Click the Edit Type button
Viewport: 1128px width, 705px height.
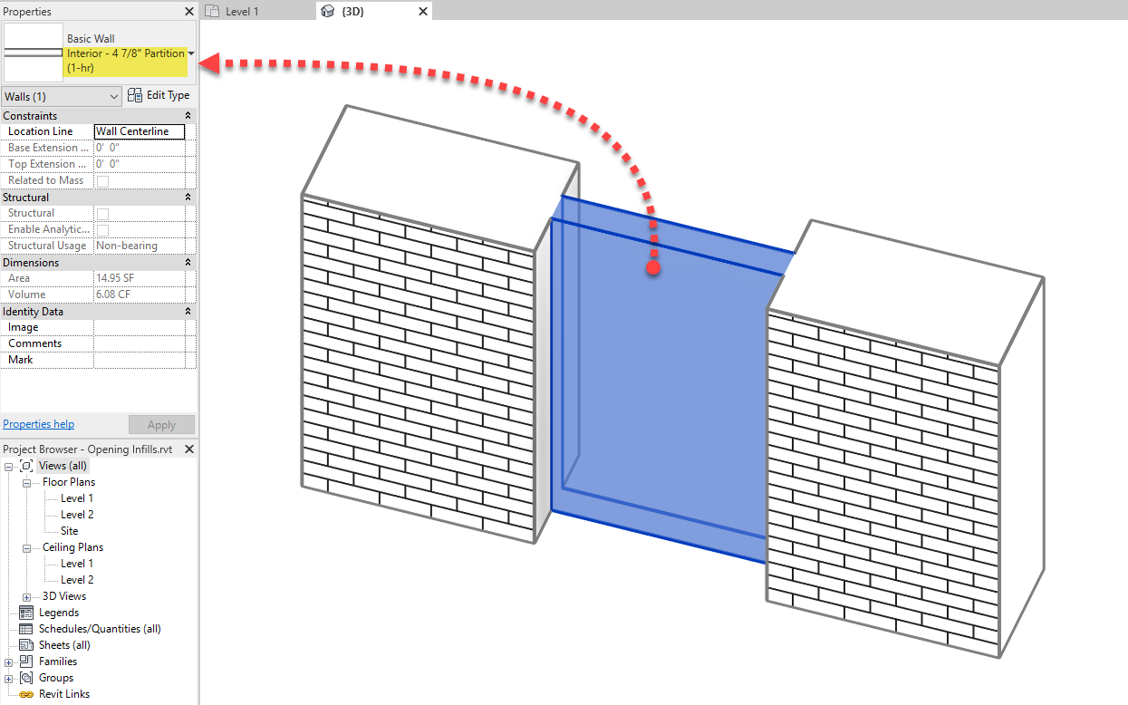[x=159, y=95]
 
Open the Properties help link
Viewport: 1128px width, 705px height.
[x=39, y=424]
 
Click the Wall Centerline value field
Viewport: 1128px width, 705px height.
[x=139, y=131]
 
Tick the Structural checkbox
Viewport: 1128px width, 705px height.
[x=102, y=214]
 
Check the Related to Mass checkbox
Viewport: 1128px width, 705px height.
[x=102, y=181]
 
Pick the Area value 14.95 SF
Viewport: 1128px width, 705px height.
[x=114, y=278]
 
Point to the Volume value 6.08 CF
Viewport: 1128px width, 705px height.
[x=114, y=295]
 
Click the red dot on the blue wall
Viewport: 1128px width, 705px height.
[x=652, y=268]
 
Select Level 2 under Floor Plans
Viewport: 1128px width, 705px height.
[x=77, y=515]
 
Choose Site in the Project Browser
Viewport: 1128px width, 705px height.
[x=69, y=531]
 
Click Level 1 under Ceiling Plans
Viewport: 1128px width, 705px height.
[x=77, y=564]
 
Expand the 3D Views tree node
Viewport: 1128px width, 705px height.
[x=26, y=596]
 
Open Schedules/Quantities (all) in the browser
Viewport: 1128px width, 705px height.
[x=100, y=629]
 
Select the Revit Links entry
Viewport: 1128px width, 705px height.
[x=63, y=694]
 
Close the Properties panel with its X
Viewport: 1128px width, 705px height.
[x=188, y=12]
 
